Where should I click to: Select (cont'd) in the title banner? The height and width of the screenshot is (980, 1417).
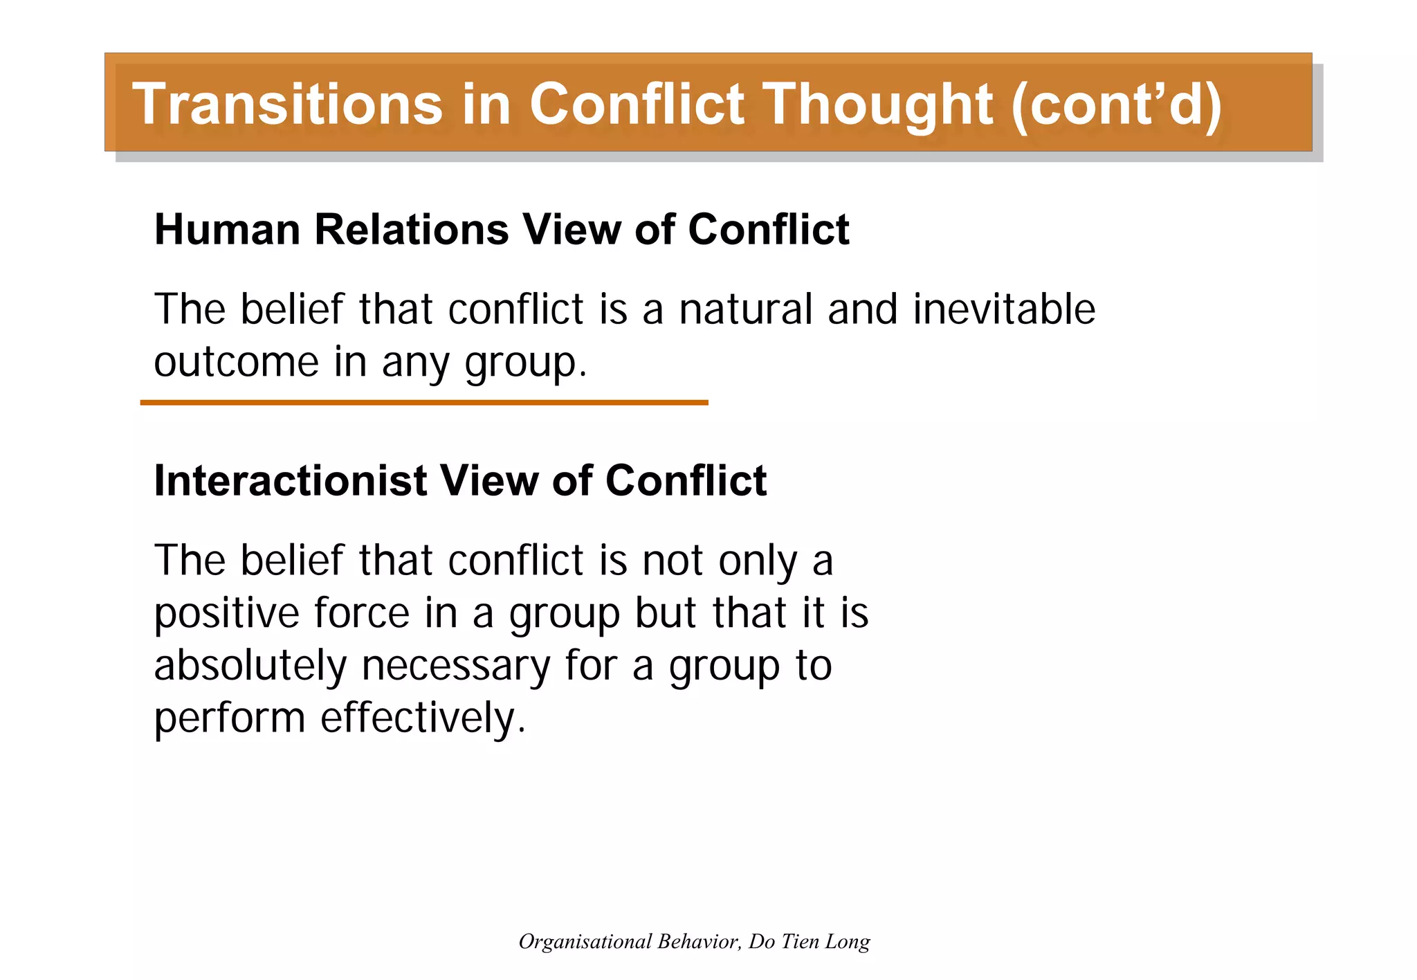1116,104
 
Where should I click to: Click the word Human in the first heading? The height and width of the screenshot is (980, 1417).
227,229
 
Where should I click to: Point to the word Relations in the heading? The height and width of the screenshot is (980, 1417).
412,229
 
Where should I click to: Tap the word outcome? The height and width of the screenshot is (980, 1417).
236,362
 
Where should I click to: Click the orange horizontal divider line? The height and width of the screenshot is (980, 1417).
423,402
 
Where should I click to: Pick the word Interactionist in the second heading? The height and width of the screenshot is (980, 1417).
290,480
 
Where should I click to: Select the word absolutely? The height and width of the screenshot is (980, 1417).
250,666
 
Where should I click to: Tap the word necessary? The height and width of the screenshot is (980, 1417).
455,666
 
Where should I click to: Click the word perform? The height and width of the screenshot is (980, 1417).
229,718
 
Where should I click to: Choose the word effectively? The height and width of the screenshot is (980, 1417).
423,718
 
